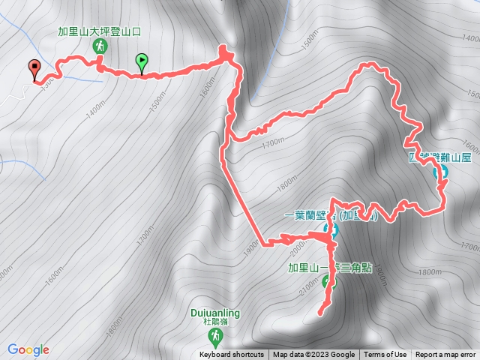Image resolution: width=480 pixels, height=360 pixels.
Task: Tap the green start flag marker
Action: point(141,61)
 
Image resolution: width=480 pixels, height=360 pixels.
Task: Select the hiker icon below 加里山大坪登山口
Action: point(99,46)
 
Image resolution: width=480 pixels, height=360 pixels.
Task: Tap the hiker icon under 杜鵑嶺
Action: point(216,334)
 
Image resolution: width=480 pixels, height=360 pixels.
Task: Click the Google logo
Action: point(28,349)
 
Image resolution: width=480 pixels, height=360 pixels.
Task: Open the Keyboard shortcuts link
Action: point(232,355)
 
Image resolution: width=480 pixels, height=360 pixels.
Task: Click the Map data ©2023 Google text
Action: point(313,355)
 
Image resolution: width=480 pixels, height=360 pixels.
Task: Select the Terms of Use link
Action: point(385,355)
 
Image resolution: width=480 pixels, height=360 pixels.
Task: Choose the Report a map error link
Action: point(445,355)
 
